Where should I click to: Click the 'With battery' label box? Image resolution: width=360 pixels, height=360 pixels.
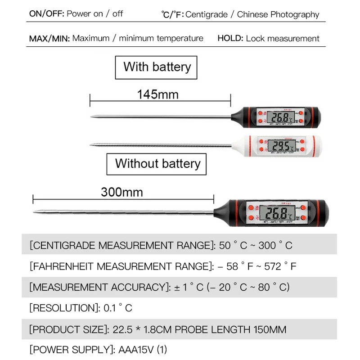157,67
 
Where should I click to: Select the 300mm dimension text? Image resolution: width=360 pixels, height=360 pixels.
121,192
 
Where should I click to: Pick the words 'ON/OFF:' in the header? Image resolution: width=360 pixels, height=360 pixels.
46,13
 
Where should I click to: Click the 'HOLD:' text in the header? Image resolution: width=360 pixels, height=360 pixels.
230,38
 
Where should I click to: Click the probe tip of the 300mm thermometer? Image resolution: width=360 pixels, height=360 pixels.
34,211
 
